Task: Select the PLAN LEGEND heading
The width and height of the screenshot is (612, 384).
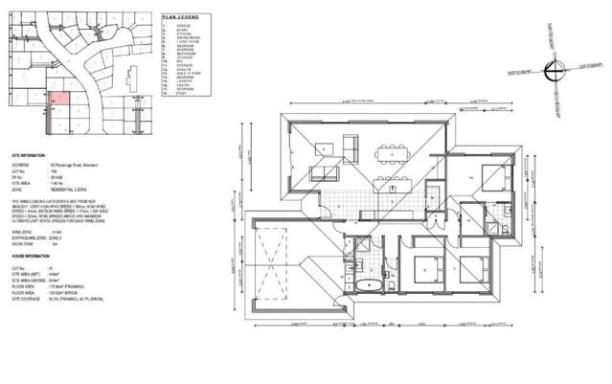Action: (x=179, y=17)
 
